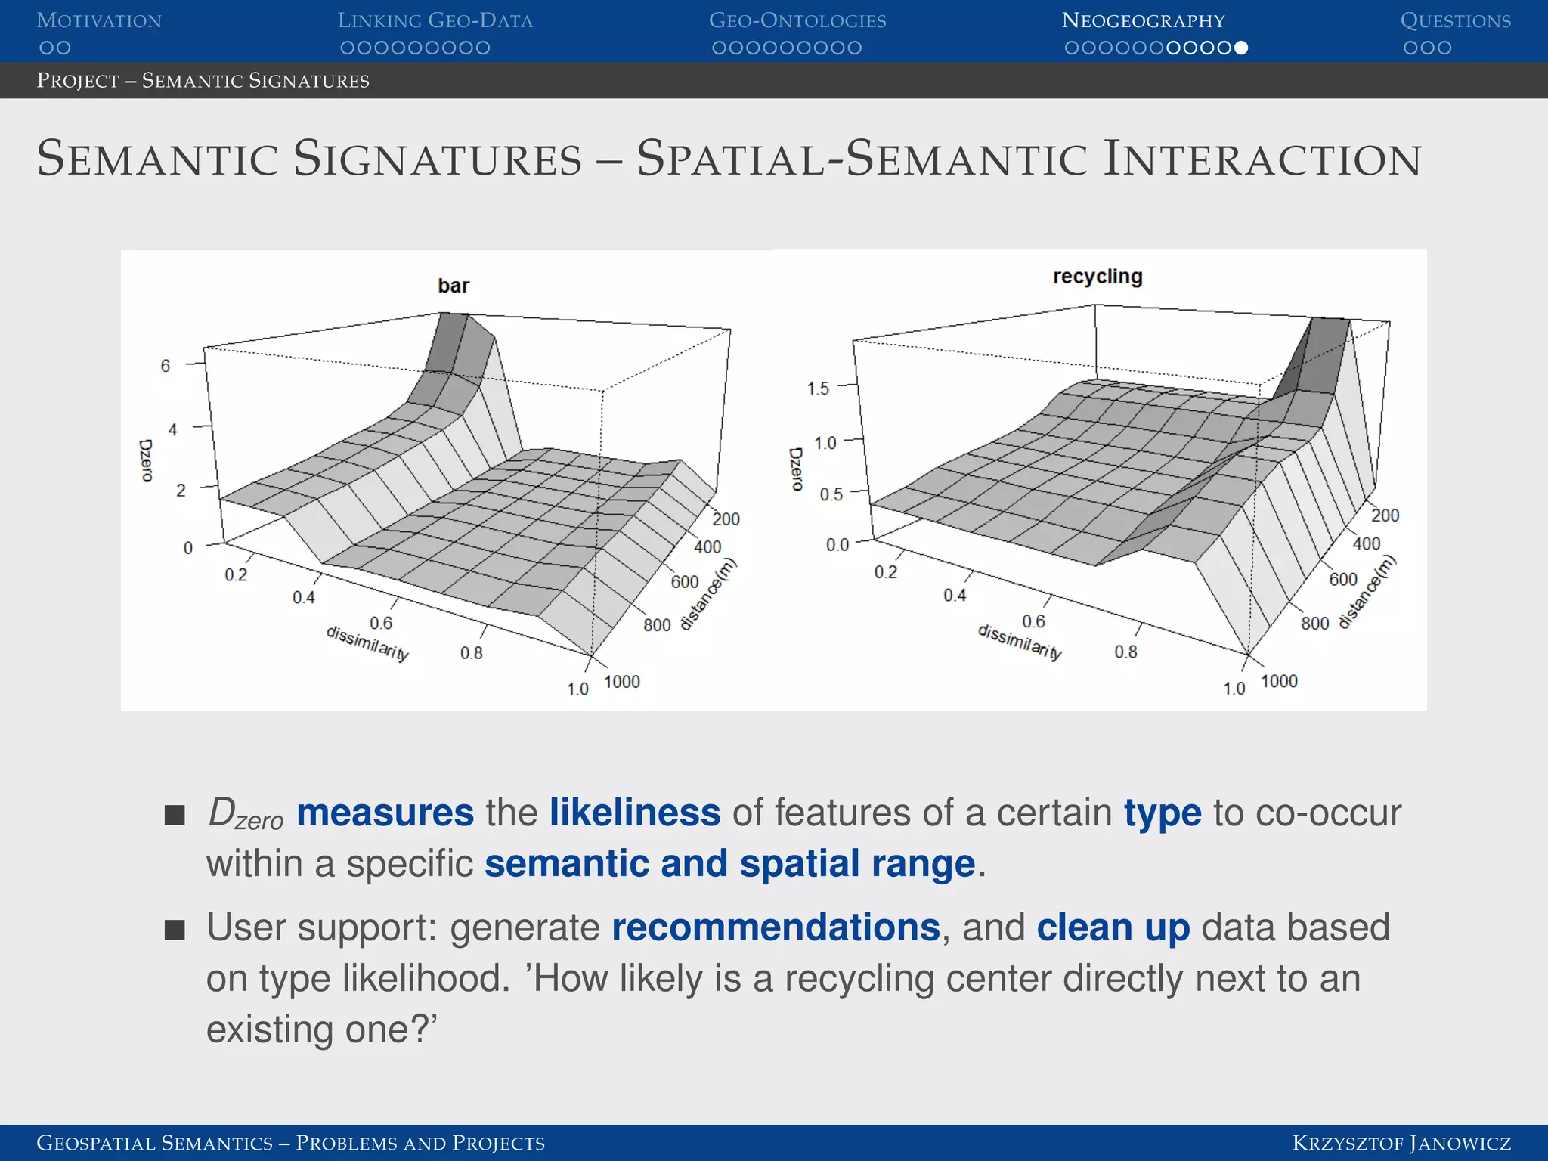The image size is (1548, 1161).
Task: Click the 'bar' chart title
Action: pos(453,286)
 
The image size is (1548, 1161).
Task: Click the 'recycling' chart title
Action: pos(1097,277)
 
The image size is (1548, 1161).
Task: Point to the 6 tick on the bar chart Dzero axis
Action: pos(166,366)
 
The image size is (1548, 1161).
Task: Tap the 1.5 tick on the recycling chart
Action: pos(817,389)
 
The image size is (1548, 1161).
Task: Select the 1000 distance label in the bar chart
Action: pos(621,682)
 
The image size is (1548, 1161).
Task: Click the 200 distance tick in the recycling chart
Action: pos(1385,515)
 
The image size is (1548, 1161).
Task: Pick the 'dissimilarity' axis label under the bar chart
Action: pos(367,643)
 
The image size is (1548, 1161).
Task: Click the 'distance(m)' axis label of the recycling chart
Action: pos(1367,593)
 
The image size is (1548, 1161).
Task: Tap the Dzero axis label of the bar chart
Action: pos(146,460)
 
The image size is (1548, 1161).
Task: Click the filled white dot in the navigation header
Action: pos(1240,48)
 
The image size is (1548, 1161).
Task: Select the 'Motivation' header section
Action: pos(99,21)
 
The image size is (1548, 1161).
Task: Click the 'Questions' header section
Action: pos(1455,21)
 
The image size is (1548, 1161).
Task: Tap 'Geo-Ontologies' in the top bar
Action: pos(797,21)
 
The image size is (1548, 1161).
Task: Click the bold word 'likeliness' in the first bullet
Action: pos(635,813)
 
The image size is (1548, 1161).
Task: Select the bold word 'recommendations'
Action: pos(776,927)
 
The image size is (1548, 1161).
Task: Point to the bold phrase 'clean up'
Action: pos(1113,927)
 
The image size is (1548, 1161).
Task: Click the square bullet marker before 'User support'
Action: pos(175,930)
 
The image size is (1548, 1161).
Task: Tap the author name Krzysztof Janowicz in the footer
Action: pos(1401,1143)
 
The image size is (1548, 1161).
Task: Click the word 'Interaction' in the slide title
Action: pos(1262,159)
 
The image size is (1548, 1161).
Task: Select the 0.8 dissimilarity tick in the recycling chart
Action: pos(1125,652)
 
